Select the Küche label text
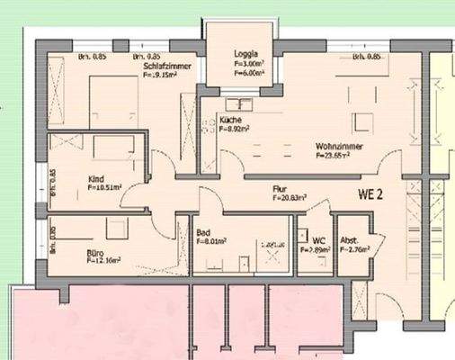[230, 120]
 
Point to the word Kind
[96, 178]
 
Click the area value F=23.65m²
[334, 155]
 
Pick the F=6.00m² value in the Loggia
[235, 73]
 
